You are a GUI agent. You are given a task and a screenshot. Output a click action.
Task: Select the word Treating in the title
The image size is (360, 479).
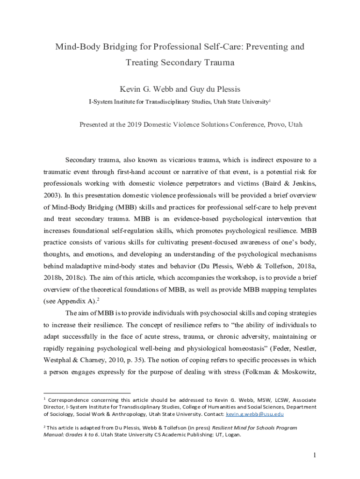pos(142,62)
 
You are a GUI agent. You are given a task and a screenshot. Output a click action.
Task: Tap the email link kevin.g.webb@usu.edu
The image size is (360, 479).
pos(254,414)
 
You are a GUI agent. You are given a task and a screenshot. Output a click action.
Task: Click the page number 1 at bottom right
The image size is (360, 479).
pos(315,455)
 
